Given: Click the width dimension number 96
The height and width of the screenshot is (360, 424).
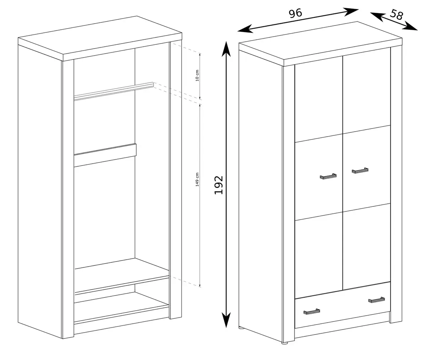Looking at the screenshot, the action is [295, 13].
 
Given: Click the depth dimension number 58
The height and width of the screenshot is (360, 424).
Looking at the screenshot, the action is [396, 15].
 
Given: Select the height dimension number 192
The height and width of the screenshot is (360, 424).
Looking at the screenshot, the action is [219, 185].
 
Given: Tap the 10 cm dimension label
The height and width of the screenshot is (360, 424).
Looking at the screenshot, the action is [197, 76].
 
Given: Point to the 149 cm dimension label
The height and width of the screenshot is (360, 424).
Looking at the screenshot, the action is [197, 179].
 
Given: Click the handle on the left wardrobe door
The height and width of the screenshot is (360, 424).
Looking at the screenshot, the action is [328, 176].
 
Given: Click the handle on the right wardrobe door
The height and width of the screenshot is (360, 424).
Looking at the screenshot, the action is [360, 170].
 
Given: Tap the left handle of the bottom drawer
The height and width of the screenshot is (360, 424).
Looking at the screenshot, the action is [311, 311].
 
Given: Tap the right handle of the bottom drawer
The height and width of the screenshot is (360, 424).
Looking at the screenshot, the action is [377, 300].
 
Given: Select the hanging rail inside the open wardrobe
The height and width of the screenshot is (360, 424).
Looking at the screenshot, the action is [114, 91].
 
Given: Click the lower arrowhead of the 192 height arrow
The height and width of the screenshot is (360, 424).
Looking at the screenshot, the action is [226, 319].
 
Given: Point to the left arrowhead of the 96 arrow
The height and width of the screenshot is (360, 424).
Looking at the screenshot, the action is [245, 29].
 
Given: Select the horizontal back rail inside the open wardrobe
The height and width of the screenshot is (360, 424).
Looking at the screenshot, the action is [105, 155].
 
